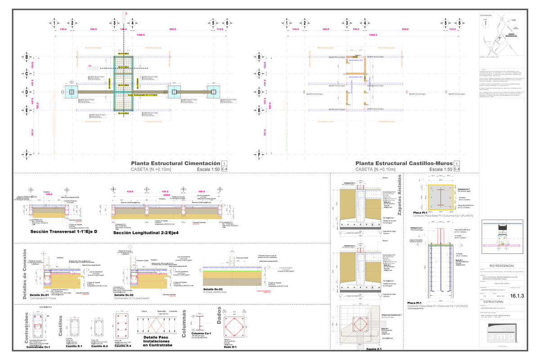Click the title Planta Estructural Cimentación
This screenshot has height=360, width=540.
175,163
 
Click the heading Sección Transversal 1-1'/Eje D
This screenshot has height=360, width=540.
63,232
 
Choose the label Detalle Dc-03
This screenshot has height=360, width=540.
213,289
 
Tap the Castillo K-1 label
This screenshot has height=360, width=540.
74,346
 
